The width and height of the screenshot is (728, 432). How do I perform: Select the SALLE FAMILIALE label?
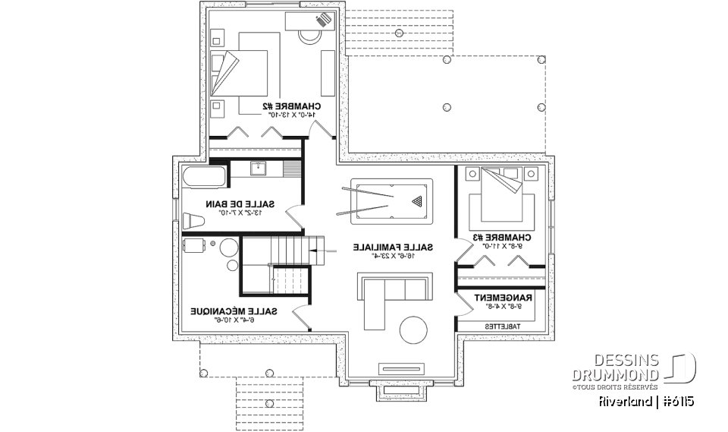click(x=394, y=247)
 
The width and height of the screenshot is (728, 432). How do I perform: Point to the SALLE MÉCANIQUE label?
click(x=233, y=311)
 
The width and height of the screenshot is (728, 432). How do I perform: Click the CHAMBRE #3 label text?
click(x=499, y=237)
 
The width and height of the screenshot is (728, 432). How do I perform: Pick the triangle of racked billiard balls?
click(x=416, y=201)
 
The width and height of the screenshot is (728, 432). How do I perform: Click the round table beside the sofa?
click(x=414, y=331)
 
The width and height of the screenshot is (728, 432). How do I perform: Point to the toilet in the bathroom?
click(x=194, y=220)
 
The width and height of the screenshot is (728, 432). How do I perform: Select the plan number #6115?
click(x=677, y=400)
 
